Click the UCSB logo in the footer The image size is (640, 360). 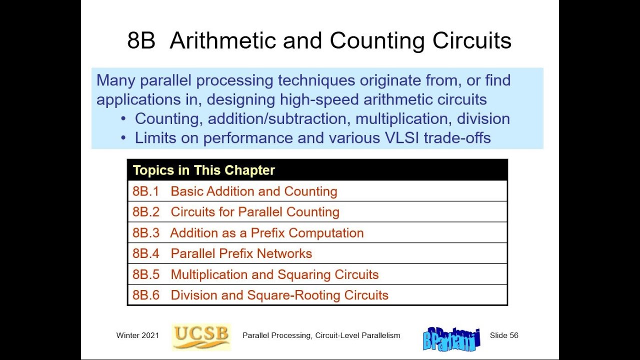pos(201,335)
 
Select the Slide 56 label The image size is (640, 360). pos(504,335)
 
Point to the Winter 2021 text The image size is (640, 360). pos(137,335)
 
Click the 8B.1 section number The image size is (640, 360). pos(145,191)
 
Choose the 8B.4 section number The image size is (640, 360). pos(145,253)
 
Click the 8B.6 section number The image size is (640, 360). pos(145,295)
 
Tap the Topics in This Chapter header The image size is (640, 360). pos(204,170)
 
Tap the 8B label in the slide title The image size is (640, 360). pos(141,40)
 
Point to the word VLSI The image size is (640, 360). pos(402,138)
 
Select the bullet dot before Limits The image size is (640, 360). pos(123,138)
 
